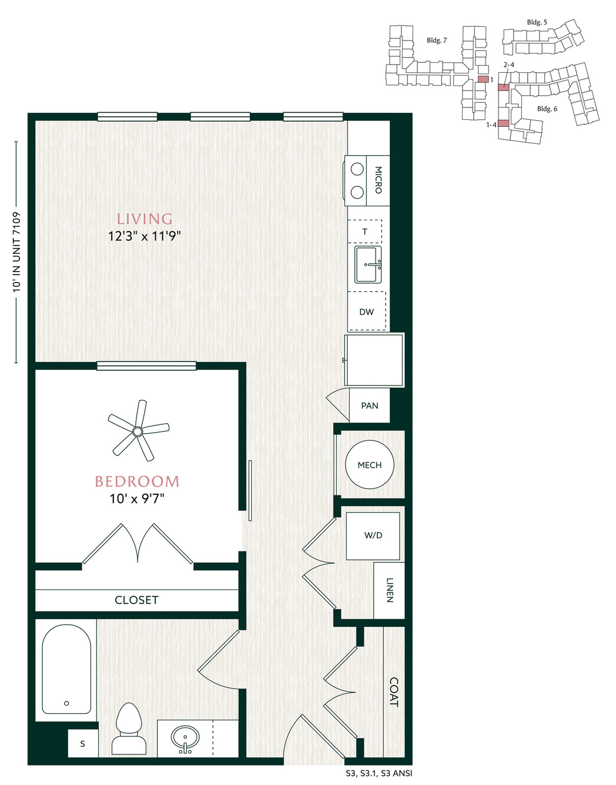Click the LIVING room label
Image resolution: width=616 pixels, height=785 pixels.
pyautogui.click(x=145, y=219)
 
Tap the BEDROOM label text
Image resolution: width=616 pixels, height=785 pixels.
pyautogui.click(x=137, y=482)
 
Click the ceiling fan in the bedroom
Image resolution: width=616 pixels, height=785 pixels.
pyautogui.click(x=138, y=431)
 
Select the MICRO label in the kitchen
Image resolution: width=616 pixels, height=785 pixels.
pyautogui.click(x=379, y=180)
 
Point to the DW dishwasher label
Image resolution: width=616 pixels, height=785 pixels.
pyautogui.click(x=366, y=312)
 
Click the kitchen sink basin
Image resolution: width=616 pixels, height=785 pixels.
pyautogui.click(x=368, y=265)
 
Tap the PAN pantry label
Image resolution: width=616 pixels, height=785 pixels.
pyautogui.click(x=370, y=405)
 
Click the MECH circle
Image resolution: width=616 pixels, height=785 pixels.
pyautogui.click(x=370, y=465)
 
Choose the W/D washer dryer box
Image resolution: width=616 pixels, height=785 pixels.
pyautogui.click(x=373, y=536)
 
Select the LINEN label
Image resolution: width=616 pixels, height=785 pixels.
pyautogui.click(x=390, y=591)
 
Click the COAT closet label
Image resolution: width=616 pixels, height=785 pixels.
pyautogui.click(x=393, y=692)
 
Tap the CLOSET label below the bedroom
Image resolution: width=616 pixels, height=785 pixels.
pyautogui.click(x=136, y=600)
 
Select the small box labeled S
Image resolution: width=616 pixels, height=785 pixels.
pyautogui.click(x=83, y=743)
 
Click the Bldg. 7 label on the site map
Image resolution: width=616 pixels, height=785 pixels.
pyautogui.click(x=437, y=41)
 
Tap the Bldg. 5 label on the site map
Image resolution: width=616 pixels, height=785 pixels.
pyautogui.click(x=537, y=22)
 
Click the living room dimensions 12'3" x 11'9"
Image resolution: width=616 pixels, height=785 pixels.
pyautogui.click(x=145, y=236)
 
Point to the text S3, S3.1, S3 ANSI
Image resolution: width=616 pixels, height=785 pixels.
pyautogui.click(x=379, y=773)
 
